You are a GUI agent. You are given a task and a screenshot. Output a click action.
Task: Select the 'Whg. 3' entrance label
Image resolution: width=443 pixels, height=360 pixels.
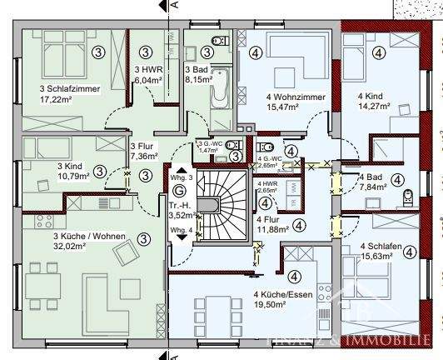coord(182,177)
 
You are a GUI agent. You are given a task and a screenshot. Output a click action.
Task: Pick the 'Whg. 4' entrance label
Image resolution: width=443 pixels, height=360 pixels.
coord(181,229)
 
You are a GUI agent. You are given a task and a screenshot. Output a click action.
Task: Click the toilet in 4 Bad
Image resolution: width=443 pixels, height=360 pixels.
coord(408,197)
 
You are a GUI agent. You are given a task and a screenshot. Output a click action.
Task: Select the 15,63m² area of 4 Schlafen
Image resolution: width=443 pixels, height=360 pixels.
coord(379,256)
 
